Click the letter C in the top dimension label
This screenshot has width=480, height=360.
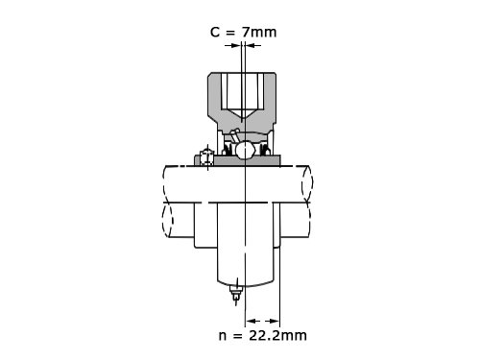tap(215, 32)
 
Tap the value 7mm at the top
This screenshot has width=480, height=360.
tap(259, 32)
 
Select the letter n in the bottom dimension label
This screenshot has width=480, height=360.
tap(223, 336)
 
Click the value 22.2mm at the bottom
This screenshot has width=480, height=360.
tap(277, 335)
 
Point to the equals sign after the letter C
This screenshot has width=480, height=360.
tap(230, 33)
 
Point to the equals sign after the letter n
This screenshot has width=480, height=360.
tap(237, 336)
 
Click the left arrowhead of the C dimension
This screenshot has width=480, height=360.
tap(235, 45)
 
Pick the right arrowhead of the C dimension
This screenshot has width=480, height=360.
tap(251, 45)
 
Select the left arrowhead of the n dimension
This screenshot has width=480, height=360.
tap(252, 321)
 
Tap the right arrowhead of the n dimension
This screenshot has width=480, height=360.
tap(274, 321)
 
